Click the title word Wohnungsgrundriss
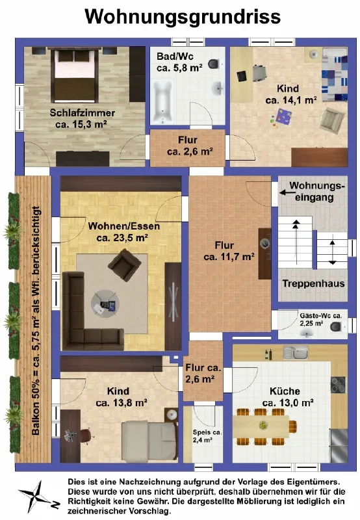183,17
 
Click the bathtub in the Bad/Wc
162,101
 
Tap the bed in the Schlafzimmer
75,76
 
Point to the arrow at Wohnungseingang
285,192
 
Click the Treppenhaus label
313,283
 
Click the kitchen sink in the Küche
296,353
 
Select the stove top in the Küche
338,385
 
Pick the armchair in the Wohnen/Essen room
125,265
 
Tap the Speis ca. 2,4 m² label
207,436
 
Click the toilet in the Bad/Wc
215,63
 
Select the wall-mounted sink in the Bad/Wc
218,88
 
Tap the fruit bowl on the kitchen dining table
263,425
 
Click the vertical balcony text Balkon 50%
36,320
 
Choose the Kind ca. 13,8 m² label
122,397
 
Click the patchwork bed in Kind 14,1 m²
335,74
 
